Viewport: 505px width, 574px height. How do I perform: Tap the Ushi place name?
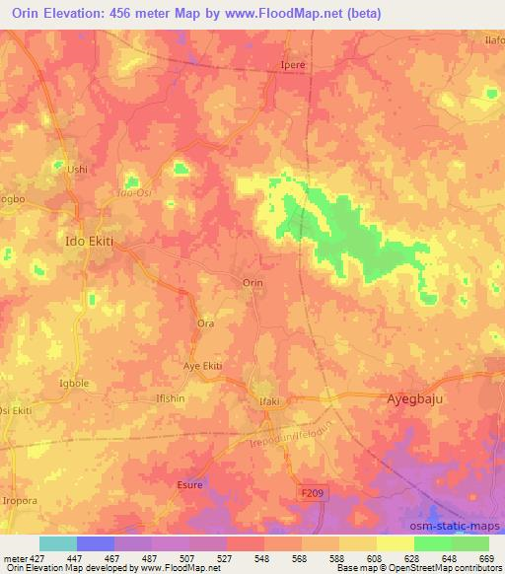[77, 169]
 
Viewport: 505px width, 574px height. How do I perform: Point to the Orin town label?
[252, 282]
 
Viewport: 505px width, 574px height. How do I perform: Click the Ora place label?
[206, 323]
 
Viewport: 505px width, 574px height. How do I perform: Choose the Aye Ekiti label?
[202, 366]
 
